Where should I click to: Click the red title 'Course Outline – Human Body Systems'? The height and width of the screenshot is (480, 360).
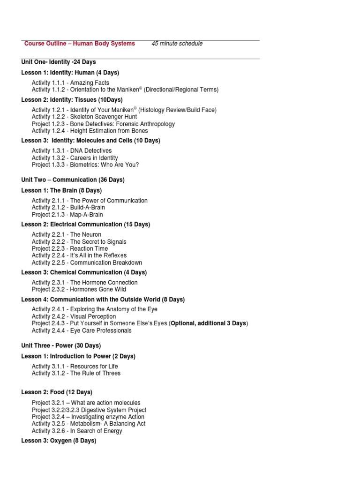pyautogui.click(x=80, y=44)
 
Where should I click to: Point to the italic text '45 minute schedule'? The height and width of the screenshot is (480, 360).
pyautogui.click(x=177, y=44)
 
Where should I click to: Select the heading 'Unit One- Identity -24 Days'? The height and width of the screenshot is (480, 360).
pyautogui.click(x=59, y=62)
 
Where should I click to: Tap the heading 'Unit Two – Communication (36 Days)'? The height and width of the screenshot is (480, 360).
pyautogui.click(x=73, y=180)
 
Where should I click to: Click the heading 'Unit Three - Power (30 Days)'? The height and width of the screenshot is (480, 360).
pyautogui.click(x=61, y=345)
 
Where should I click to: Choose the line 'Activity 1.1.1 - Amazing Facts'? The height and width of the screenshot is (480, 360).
pyautogui.click(x=70, y=83)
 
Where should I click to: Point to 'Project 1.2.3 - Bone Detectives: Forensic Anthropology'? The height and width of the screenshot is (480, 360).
pyautogui.click(x=103, y=124)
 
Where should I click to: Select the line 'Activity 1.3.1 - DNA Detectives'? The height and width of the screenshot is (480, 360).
pyautogui.click(x=72, y=150)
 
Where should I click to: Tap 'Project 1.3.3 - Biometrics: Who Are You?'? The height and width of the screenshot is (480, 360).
pyautogui.click(x=85, y=165)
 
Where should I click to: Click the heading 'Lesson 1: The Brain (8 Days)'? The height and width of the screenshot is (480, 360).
pyautogui.click(x=61, y=190)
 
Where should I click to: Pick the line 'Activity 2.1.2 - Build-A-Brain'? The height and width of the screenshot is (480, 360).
pyautogui.click(x=68, y=207)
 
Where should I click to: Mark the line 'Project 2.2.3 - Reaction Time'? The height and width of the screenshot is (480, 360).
pyautogui.click(x=70, y=248)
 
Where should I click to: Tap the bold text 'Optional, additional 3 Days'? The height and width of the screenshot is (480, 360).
pyautogui.click(x=209, y=323)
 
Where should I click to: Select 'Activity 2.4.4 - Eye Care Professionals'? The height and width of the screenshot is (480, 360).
pyautogui.click(x=82, y=330)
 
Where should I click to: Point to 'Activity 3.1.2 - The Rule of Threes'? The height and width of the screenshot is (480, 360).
pyautogui.click(x=76, y=373)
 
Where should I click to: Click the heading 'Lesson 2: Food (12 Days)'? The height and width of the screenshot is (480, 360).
pyautogui.click(x=57, y=392)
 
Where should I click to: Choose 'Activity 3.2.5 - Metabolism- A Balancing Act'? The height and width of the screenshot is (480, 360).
pyautogui.click(x=89, y=424)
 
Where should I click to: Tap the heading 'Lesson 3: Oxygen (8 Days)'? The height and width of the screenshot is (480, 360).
pyautogui.click(x=59, y=441)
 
